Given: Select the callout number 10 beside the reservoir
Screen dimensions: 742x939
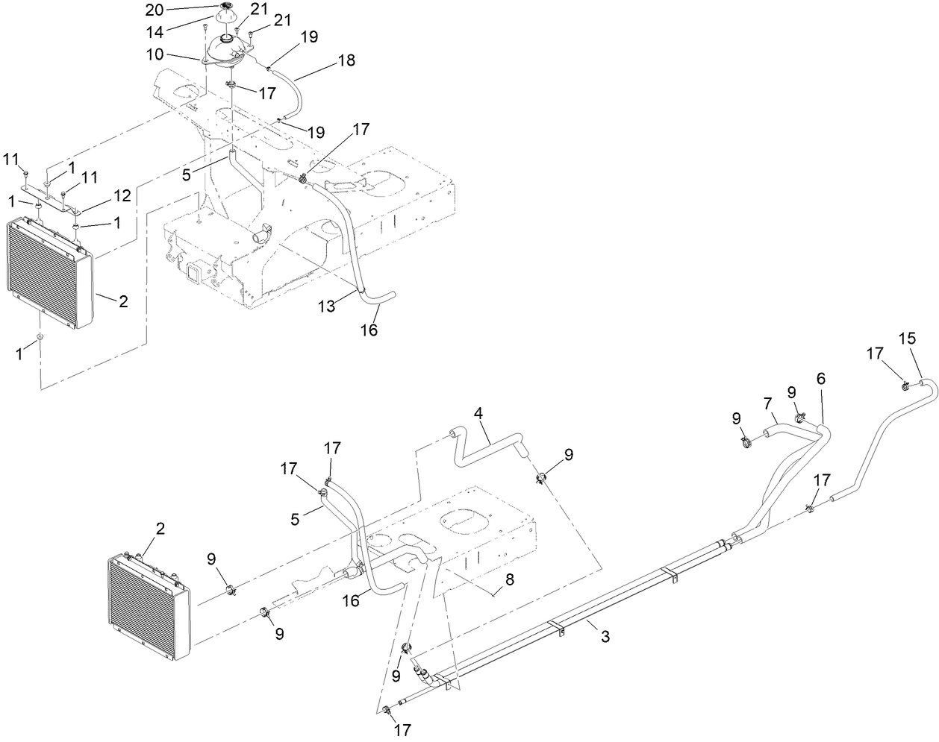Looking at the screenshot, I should pyautogui.click(x=155, y=55).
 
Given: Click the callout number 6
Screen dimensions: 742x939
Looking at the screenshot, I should pyautogui.click(x=820, y=378).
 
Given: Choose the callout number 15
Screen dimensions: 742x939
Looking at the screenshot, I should pyautogui.click(x=906, y=338).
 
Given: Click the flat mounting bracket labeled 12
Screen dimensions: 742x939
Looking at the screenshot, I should pyautogui.click(x=61, y=204).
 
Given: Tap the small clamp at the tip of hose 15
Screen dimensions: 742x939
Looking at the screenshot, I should pyautogui.click(x=905, y=386).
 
